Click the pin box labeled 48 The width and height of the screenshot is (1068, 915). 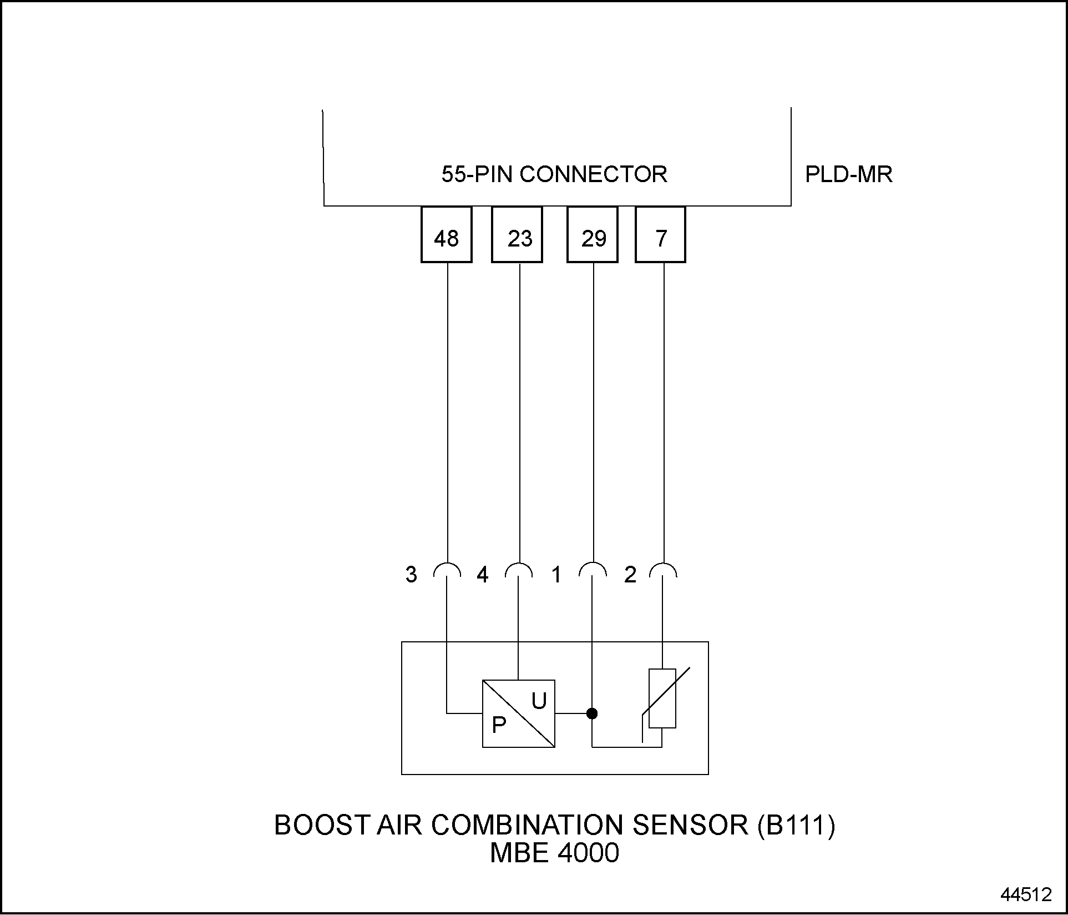click(x=447, y=234)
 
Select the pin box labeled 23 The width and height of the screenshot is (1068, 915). click(x=517, y=234)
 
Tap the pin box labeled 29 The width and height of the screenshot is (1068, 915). click(x=593, y=234)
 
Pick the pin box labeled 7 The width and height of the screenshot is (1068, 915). click(x=660, y=234)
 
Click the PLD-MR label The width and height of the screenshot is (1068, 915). click(x=849, y=175)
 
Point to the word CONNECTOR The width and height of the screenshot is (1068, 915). click(x=594, y=174)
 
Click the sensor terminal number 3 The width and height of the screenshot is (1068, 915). click(x=411, y=575)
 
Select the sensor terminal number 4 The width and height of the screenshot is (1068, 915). click(x=483, y=575)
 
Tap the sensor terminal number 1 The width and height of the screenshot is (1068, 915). click(x=556, y=575)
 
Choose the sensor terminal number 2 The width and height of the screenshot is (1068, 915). click(x=630, y=575)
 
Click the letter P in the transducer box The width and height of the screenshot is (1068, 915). click(x=499, y=725)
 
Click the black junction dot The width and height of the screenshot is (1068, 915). click(x=592, y=713)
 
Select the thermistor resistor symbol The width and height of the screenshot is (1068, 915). click(x=662, y=698)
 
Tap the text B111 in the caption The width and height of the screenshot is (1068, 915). click(x=796, y=825)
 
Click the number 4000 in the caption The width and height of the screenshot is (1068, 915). click(x=588, y=853)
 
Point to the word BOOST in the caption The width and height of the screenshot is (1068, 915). click(x=322, y=825)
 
